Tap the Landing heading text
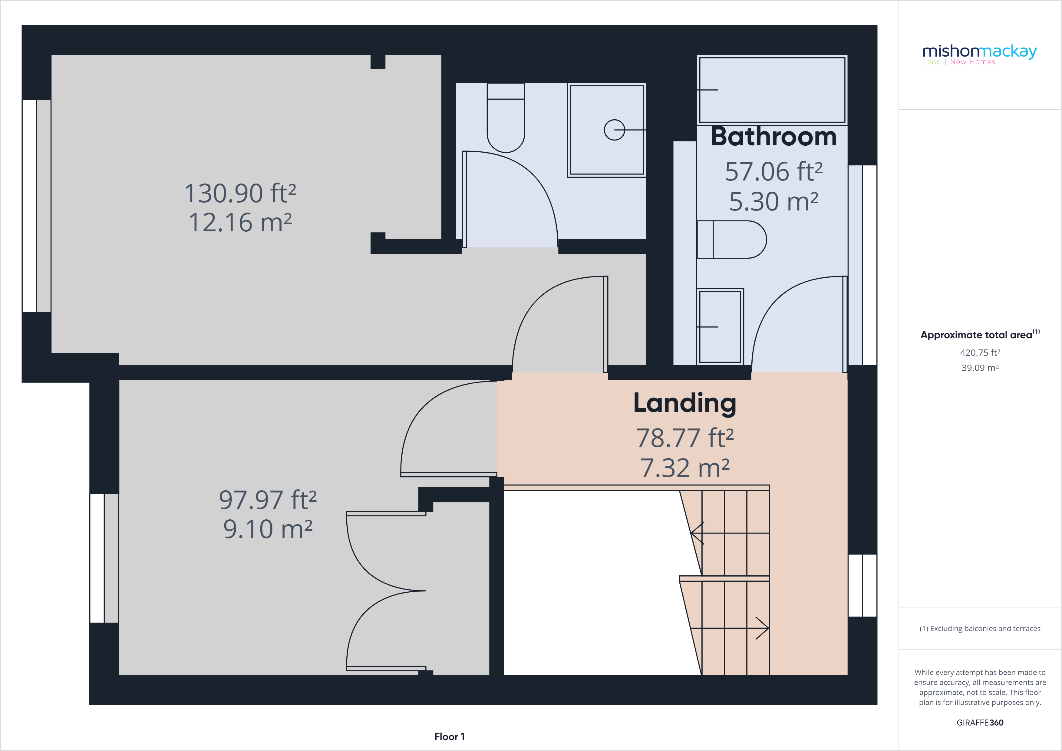684,403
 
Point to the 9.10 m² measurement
268,529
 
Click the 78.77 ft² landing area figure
684,438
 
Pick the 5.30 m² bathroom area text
773,201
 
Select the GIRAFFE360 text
980,722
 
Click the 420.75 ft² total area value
980,352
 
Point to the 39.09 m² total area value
980,368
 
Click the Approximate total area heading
979,335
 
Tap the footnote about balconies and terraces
980,628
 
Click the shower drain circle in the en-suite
614,130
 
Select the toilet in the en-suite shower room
506,120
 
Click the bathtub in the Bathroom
772,90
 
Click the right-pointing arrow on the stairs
761,628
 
